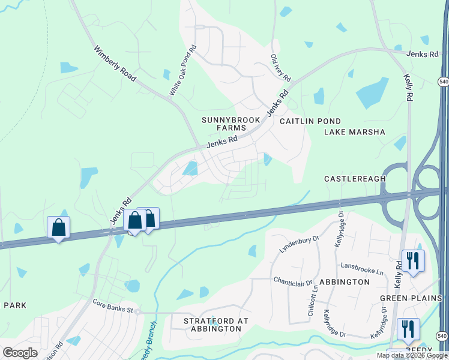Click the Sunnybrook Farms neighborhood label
point(224,124)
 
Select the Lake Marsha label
point(354,132)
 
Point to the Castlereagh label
point(355,179)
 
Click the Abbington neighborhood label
point(345,281)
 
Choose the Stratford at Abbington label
point(215,325)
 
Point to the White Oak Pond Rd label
point(182,71)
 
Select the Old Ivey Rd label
point(280,68)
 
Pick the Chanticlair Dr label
point(294,281)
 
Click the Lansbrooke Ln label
point(362,268)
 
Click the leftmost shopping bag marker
point(58,228)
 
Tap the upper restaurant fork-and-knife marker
point(413,260)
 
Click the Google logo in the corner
point(20,353)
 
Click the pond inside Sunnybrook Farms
point(191,169)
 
